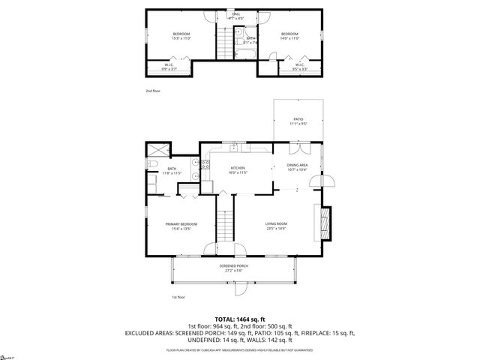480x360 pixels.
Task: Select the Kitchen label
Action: click(238, 169)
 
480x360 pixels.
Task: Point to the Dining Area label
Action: click(298, 167)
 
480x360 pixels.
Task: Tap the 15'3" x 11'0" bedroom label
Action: click(181, 36)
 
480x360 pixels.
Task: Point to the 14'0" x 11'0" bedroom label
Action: click(290, 36)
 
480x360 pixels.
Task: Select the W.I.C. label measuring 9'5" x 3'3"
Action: click(299, 67)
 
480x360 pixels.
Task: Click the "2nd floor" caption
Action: click(153, 91)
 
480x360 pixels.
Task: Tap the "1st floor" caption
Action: click(178, 297)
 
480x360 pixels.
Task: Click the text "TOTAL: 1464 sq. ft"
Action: click(240, 319)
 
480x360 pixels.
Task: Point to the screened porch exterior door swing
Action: click(241, 289)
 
